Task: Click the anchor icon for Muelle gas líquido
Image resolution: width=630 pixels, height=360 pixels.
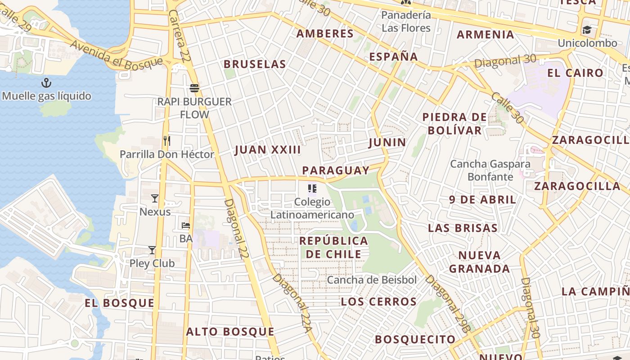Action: point(46,83)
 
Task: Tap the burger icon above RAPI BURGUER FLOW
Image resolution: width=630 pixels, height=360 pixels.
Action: point(194,88)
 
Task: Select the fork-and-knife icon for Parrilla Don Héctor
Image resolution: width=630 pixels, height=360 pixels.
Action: point(167,140)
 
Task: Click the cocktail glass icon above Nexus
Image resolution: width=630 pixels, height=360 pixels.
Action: point(155,198)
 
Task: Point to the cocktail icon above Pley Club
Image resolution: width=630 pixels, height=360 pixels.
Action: point(152,250)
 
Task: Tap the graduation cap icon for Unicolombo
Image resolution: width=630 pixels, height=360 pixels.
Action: point(587,30)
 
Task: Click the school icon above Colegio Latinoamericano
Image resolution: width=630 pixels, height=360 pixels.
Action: point(312,189)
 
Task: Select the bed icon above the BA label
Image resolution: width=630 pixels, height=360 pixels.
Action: point(186,225)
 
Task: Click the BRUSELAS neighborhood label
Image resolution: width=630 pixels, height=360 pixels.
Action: point(255,64)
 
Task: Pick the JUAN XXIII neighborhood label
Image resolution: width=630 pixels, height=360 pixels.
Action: point(267,150)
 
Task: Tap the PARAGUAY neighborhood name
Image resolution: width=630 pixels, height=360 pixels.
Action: point(336,171)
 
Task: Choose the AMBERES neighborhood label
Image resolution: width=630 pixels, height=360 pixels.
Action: point(325,34)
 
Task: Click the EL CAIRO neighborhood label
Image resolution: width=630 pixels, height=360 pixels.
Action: point(575,73)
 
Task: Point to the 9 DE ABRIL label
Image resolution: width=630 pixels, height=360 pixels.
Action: point(482,200)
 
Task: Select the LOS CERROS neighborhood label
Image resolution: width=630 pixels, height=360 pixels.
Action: point(378,301)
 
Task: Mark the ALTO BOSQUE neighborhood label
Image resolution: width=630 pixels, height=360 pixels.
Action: point(230,332)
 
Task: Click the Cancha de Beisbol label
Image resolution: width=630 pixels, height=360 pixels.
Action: point(372,280)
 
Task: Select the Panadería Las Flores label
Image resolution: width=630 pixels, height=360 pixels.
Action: point(406,21)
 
